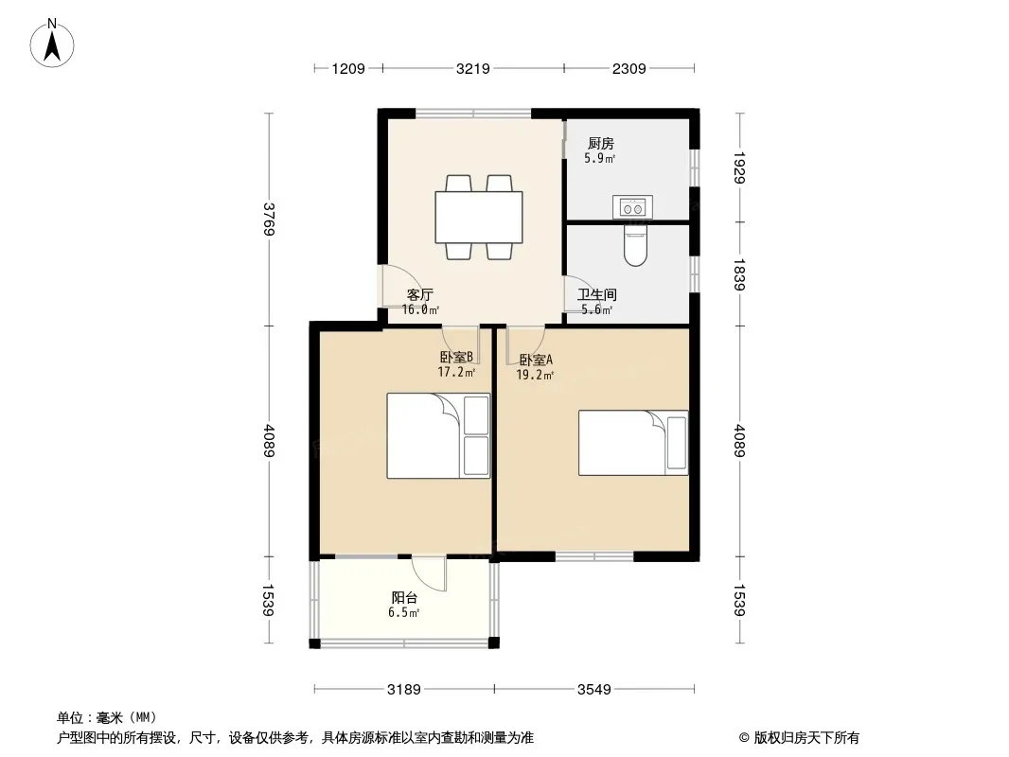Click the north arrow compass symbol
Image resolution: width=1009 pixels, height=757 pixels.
click(52, 44)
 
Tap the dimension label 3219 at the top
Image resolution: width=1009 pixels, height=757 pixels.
click(473, 68)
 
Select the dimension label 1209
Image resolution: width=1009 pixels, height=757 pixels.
click(348, 68)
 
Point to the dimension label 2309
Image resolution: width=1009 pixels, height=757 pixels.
click(628, 68)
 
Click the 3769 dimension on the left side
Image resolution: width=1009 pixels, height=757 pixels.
click(269, 220)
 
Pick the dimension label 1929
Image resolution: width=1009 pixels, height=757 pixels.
click(739, 167)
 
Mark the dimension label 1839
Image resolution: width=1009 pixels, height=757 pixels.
click(739, 274)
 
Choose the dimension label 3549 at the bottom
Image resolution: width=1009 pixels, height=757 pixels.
click(593, 690)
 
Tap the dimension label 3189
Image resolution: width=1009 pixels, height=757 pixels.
click(403, 690)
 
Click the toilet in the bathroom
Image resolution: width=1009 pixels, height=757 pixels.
click(635, 245)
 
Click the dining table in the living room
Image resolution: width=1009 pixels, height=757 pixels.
click(479, 218)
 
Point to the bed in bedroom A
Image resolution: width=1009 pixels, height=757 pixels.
click(633, 443)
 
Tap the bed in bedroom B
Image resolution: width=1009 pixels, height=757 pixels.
click(438, 436)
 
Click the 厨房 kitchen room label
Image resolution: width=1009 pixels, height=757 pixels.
click(601, 144)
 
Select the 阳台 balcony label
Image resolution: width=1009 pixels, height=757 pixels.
click(405, 598)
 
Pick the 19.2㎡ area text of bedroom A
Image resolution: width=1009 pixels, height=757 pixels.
click(535, 375)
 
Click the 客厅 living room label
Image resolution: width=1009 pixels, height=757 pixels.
click(419, 294)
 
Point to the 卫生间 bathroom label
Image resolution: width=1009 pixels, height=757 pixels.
click(597, 294)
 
